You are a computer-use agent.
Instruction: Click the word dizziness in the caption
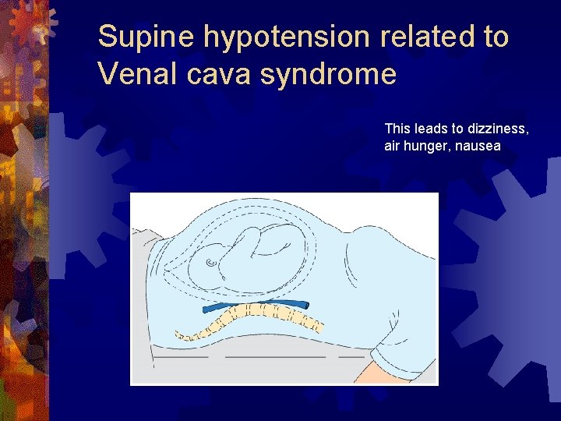(x=499, y=128)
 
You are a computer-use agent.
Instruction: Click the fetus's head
(x=209, y=261)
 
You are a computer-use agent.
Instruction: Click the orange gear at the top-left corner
(x=31, y=19)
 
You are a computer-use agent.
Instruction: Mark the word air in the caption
(x=393, y=146)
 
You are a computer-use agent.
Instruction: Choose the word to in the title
(x=494, y=37)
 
